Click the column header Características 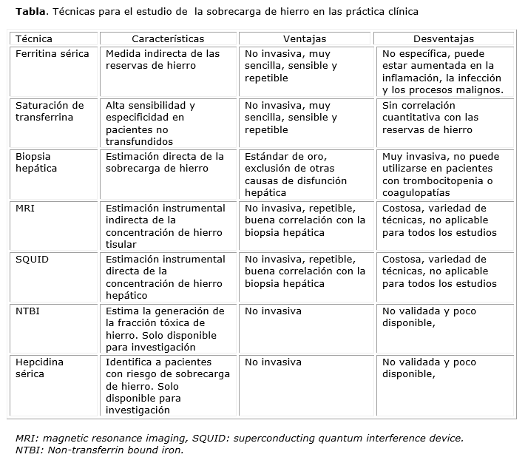pos(168,39)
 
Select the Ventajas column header pos(305,39)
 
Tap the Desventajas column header pos(444,39)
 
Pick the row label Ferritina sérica pos(52,54)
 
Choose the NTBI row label pos(27,311)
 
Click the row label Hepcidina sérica pos(40,368)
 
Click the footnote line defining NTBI pos(99,449)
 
